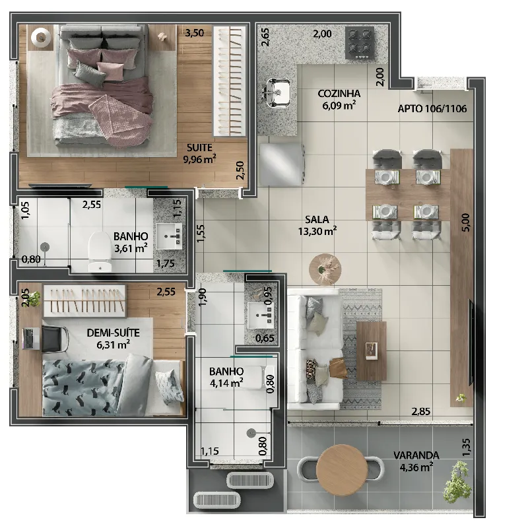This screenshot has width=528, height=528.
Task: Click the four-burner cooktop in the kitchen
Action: coord(360,43)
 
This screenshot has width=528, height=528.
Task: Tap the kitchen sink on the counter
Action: coord(277,92)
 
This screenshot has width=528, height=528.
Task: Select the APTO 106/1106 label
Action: coord(432,108)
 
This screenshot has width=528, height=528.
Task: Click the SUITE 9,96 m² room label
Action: coord(199,153)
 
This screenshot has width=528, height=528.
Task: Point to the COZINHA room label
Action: coord(339,93)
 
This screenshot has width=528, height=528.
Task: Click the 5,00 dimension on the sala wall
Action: coord(465,222)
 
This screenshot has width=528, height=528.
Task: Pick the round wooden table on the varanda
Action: coord(341,470)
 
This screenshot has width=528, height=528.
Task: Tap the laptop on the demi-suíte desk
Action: coord(30,339)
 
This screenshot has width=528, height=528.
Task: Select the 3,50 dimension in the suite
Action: coord(195,33)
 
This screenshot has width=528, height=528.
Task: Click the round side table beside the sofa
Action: coord(325,269)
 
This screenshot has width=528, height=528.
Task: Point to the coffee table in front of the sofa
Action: coord(371,351)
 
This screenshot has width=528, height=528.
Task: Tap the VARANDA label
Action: coord(416,455)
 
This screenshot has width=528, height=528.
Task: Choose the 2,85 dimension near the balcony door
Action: coord(420,411)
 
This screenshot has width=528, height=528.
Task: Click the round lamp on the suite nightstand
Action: coord(41,36)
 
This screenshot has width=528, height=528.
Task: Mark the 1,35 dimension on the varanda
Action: coord(466,447)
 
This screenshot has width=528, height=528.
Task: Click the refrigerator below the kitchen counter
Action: coord(282,164)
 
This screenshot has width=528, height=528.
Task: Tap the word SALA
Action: coord(317,220)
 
